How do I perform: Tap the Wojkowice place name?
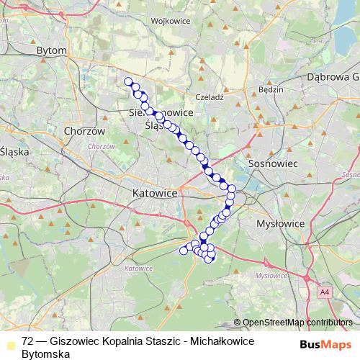(x=171, y=21)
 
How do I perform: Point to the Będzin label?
(x=269, y=92)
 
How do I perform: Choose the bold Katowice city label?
(x=155, y=193)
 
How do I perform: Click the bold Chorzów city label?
(x=84, y=132)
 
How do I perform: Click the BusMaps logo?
(x=325, y=344)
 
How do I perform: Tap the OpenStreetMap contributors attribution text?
(x=297, y=323)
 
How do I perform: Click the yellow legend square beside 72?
(x=9, y=342)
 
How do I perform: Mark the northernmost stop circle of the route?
(x=128, y=81)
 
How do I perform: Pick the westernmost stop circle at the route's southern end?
(x=183, y=251)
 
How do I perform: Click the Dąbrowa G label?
(x=332, y=76)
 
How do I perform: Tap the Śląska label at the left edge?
(x=13, y=152)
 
